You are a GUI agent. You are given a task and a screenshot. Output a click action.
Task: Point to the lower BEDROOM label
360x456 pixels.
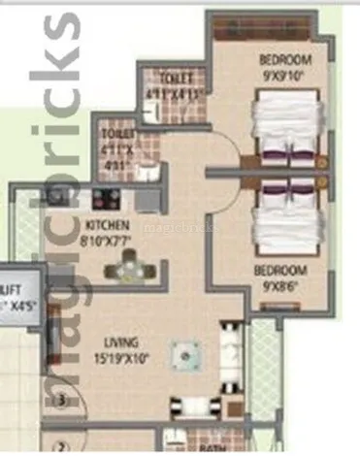click(x=280, y=269)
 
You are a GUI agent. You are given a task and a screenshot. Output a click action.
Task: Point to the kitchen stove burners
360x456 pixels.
click(x=106, y=201)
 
